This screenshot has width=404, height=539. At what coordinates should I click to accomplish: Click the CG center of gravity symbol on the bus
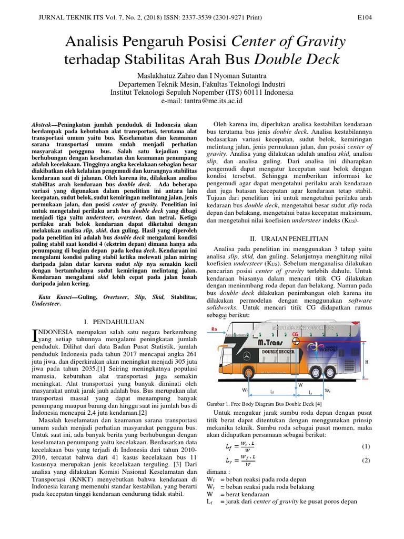(x=296, y=342)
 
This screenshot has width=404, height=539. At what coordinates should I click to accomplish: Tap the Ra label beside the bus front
(x=215, y=330)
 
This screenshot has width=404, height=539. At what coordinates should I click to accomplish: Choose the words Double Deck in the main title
(x=298, y=59)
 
